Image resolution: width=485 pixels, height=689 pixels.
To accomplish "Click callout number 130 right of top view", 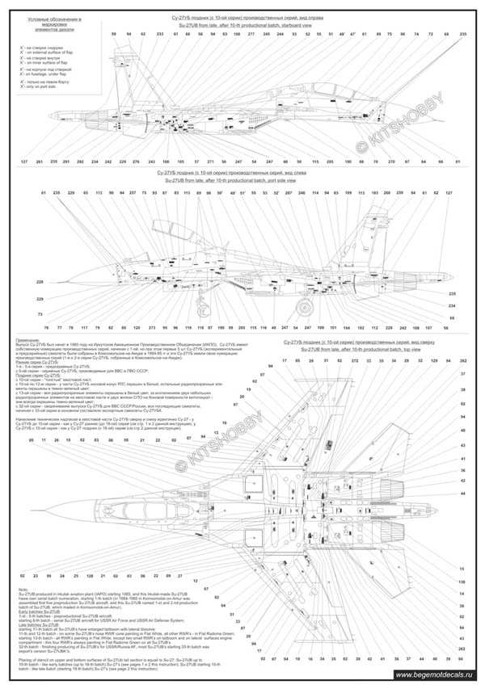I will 462,582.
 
